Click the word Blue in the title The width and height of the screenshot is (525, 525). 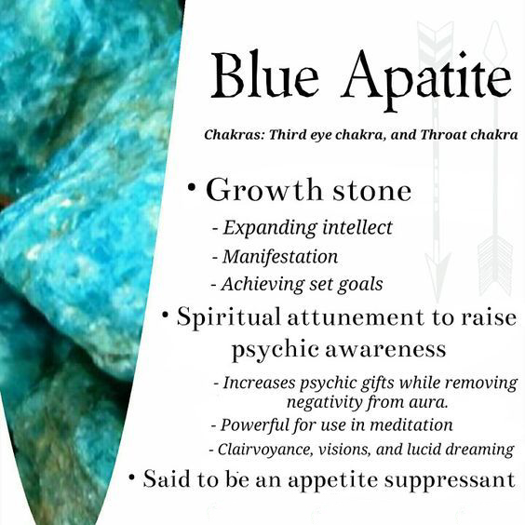(x=264, y=74)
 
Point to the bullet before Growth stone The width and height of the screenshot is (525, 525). (x=192, y=187)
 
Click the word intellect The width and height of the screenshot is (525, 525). (x=357, y=228)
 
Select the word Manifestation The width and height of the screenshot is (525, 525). (x=280, y=257)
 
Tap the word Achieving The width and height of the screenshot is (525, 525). (x=262, y=285)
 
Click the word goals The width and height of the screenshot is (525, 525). (x=360, y=285)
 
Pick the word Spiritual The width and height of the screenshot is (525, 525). (x=228, y=317)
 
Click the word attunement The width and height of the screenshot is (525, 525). (x=356, y=317)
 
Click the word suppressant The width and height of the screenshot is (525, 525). (x=450, y=480)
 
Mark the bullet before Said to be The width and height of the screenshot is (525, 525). (x=132, y=477)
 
